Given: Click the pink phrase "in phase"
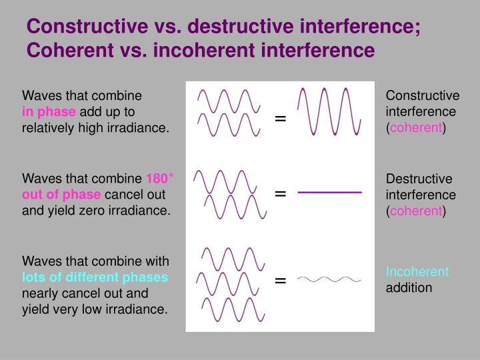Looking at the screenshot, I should [49, 111].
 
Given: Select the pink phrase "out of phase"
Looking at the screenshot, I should [61, 195].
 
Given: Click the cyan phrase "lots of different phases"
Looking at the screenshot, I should [95, 277].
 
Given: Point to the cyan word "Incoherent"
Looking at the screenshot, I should [417, 272].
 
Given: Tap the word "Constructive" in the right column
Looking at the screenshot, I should [423, 95].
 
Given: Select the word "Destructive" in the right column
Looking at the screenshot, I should [419, 179].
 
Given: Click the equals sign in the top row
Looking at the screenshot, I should [280, 119].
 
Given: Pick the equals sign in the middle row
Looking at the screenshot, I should [280, 193].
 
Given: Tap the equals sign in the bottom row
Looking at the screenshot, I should [280, 280].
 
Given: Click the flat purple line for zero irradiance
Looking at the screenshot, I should [329, 192].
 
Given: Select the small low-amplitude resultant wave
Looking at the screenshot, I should [329, 279].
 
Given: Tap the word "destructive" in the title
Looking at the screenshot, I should [231, 27].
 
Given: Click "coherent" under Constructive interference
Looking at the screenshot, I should [417, 127].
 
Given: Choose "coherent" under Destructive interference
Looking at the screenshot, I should [417, 211].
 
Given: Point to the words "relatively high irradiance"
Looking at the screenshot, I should [96, 127].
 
